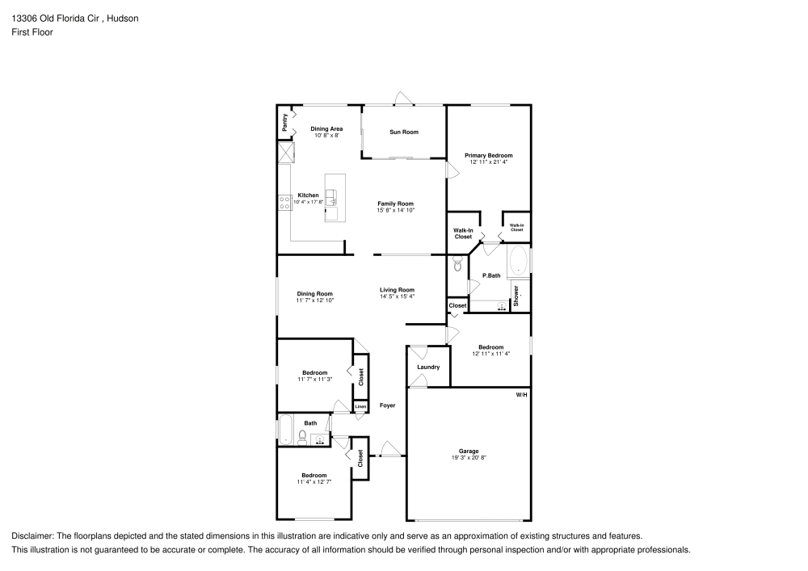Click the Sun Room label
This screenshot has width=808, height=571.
403,132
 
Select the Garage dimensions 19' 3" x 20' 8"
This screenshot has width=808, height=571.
469,458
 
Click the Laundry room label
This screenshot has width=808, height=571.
428,367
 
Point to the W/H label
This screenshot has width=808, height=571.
521,394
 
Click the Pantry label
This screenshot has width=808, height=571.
284,123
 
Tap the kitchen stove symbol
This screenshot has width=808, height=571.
284,204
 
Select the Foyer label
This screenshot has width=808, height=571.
388,405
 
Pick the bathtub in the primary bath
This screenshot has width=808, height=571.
517,262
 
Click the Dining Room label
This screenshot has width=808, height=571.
314,294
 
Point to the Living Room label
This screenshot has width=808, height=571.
397,290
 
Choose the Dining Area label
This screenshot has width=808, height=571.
326,129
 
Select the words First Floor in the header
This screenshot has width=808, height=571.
32,32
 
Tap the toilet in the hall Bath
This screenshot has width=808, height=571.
302,437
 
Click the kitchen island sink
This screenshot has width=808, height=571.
331,195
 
